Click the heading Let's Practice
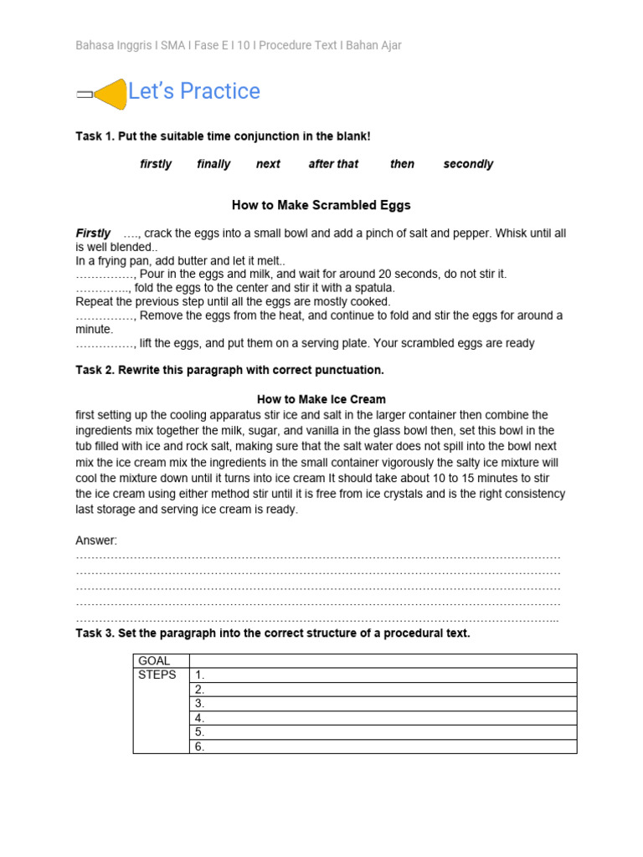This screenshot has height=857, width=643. pos(193,91)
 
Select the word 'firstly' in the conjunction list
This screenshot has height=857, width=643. pos(156,164)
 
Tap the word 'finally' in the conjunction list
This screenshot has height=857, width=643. pos(213,164)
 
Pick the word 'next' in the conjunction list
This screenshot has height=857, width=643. pos(268,164)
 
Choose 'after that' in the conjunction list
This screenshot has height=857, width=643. pos(333,164)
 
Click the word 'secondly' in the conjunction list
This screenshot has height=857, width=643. pos(468,164)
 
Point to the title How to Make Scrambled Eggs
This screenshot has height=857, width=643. pos(321,205)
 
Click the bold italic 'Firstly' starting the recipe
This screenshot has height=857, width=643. pos(93,233)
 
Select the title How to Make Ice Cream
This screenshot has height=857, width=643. pos(321,399)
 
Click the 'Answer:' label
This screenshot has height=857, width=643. pos(96,541)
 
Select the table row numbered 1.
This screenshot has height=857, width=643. pos(383,675)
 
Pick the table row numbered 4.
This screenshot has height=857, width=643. pos(383,718)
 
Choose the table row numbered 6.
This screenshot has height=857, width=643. pos(383,747)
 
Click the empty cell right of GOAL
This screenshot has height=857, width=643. pos(383,661)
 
